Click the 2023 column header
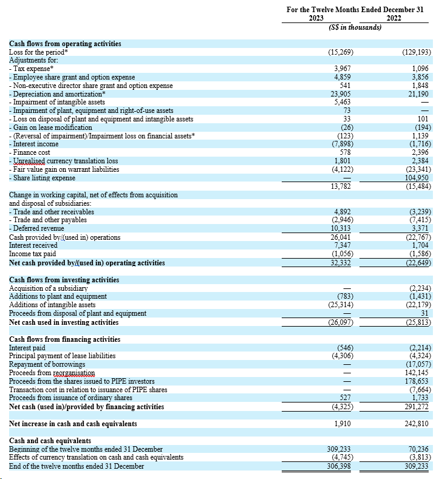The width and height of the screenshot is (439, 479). pyautogui.click(x=316, y=18)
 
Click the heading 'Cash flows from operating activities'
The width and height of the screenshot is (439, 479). pyautogui.click(x=65, y=44)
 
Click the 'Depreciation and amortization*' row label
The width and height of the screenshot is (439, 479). pyautogui.click(x=57, y=94)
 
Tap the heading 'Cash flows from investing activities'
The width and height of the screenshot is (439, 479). pyautogui.click(x=64, y=279)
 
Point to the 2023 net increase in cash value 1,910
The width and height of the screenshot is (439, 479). pyautogui.click(x=344, y=423)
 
